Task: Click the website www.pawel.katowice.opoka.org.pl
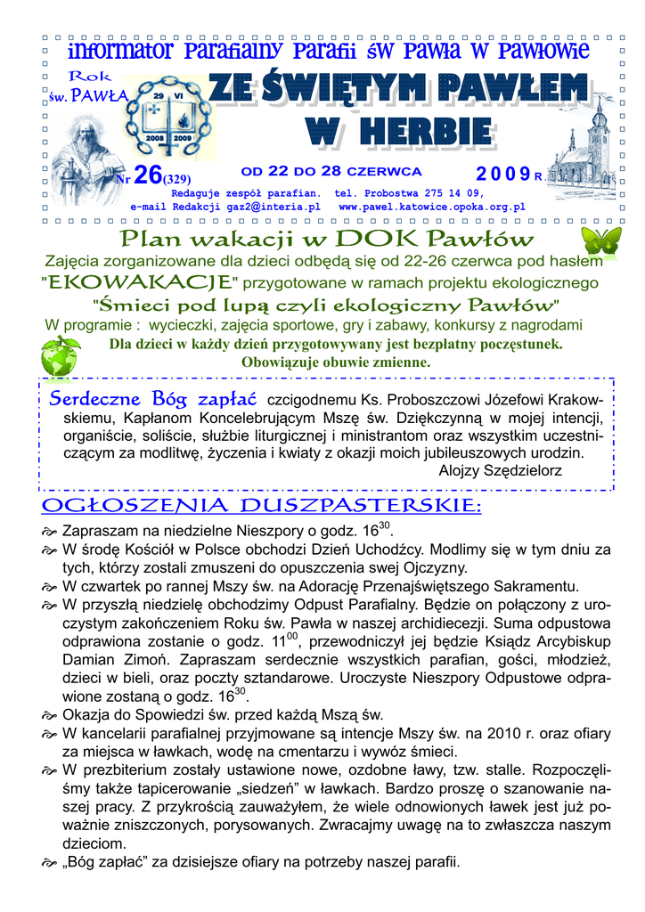pyautogui.click(x=432, y=206)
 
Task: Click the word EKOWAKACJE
pyautogui.click(x=139, y=283)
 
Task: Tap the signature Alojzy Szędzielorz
pyautogui.click(x=501, y=469)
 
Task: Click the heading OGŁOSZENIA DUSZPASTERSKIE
pyautogui.click(x=261, y=507)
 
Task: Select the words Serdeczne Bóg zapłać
pyautogui.click(x=153, y=397)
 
